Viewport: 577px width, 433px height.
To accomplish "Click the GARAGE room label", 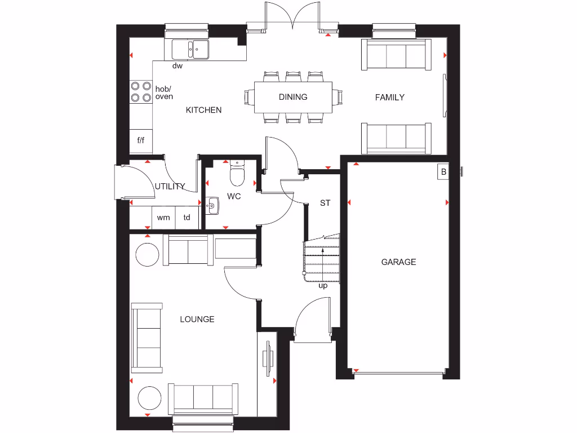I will tap(398, 262).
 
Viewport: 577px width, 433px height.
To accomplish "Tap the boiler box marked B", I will tap(443, 172).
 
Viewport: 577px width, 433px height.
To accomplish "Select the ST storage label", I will tap(325, 203).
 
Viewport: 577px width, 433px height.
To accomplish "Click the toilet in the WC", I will tap(237, 174).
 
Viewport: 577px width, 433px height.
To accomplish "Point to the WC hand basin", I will tap(212, 206).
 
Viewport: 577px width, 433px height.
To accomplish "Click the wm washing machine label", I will tap(163, 218).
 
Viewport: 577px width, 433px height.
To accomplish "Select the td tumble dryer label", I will tap(187, 218).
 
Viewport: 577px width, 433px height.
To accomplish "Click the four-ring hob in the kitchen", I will tap(141, 92).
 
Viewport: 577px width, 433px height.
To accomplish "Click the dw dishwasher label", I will tap(177, 66).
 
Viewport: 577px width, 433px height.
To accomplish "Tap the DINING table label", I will tap(293, 97).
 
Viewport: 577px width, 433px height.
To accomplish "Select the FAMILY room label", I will tap(390, 97).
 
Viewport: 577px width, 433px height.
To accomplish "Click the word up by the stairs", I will tap(323, 286).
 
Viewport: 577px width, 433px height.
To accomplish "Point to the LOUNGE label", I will tap(197, 319).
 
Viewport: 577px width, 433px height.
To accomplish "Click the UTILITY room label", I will tap(170, 187).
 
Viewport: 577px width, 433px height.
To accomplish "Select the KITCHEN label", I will tap(203, 110).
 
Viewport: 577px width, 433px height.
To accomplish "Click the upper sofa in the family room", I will tap(396, 55).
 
